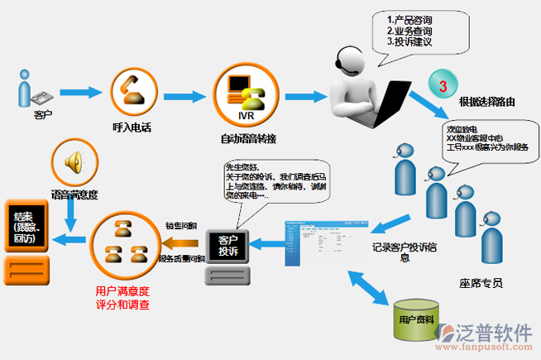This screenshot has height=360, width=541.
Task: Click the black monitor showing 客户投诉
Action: (x=227, y=247)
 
